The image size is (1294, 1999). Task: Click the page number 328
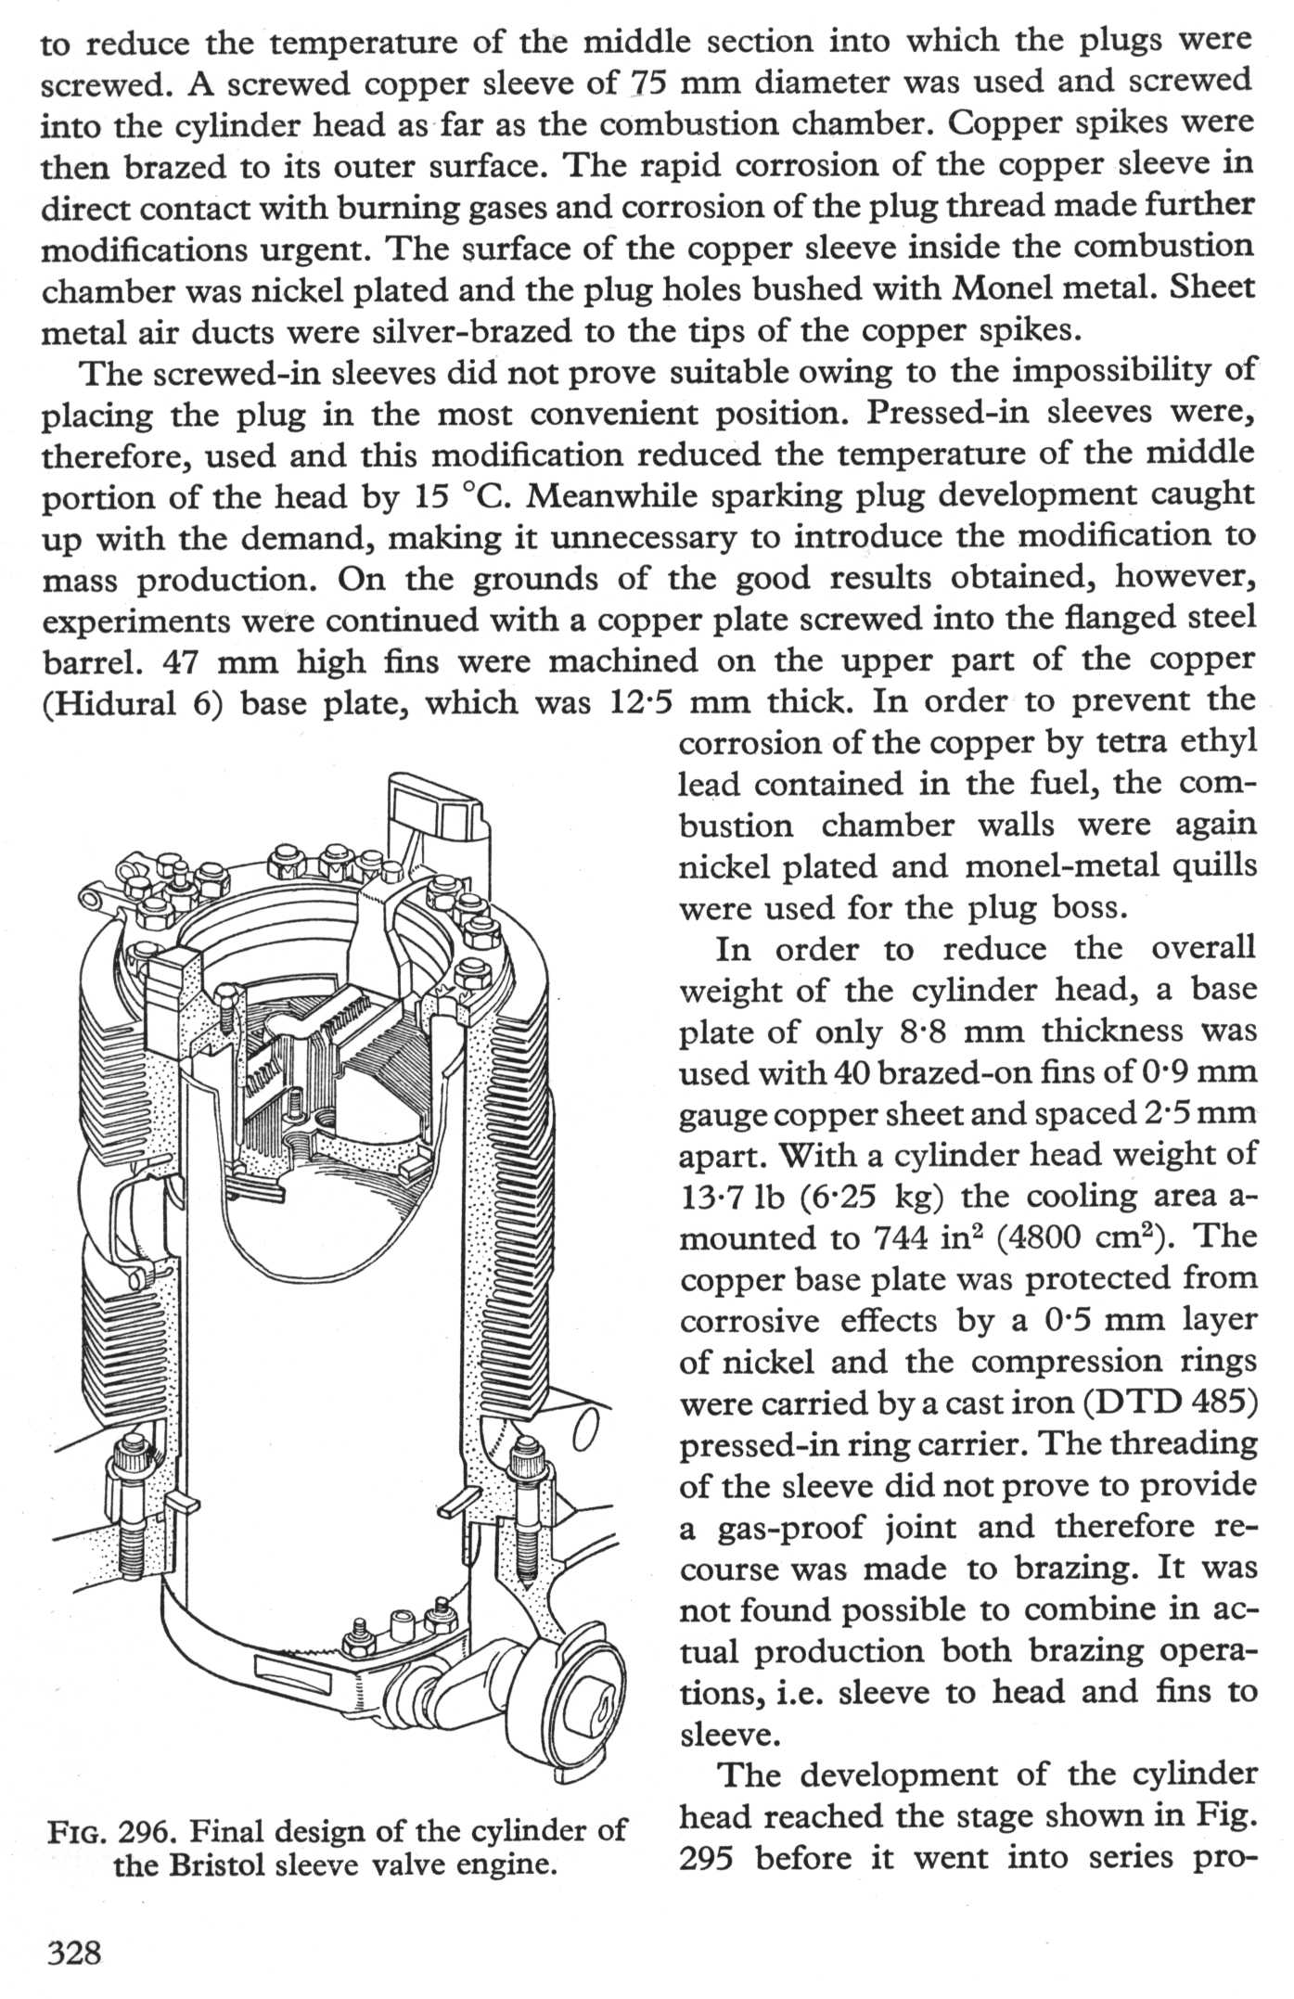72,1953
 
